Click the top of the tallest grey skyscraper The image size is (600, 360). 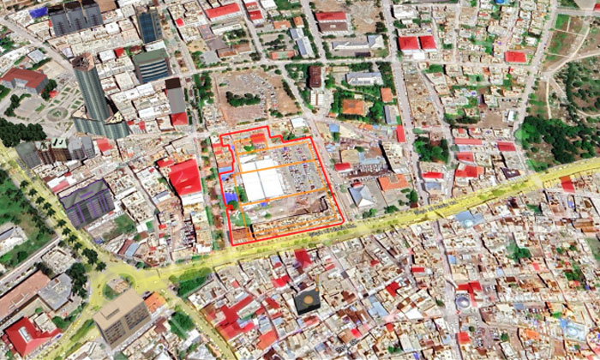coord(86,64)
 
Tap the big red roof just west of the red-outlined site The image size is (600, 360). coord(185,177)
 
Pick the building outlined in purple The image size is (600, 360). coord(87,202)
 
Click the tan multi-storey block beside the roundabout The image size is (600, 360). coord(121,315)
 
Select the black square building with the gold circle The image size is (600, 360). coord(306,301)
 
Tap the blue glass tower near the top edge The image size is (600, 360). coord(148,24)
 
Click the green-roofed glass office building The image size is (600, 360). coord(151,64)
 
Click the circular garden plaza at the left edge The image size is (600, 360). coord(57,112)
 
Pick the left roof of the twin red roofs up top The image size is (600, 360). coord(409,43)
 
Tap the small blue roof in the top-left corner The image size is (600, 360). coord(39,11)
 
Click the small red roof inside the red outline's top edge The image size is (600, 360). coord(258,138)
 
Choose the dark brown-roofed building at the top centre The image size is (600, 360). coord(315,76)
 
